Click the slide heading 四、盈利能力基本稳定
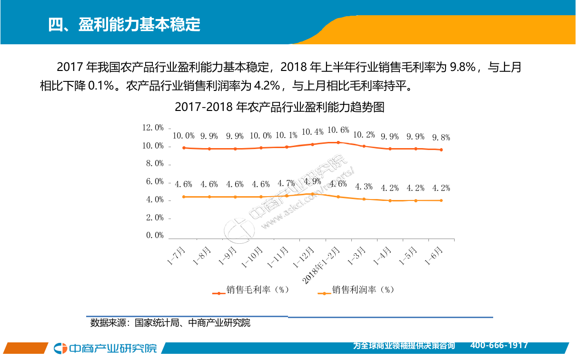124,24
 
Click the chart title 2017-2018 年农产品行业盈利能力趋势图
279,107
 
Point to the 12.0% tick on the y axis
153,128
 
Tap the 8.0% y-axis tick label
153,163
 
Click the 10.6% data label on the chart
338,130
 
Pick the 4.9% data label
312,181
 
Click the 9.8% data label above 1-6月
441,138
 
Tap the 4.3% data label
364,186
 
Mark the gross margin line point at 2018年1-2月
338,142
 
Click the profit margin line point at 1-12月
312,194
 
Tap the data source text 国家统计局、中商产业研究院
192,323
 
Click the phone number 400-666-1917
499,345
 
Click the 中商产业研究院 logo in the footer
105,349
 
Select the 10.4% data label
313,132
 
